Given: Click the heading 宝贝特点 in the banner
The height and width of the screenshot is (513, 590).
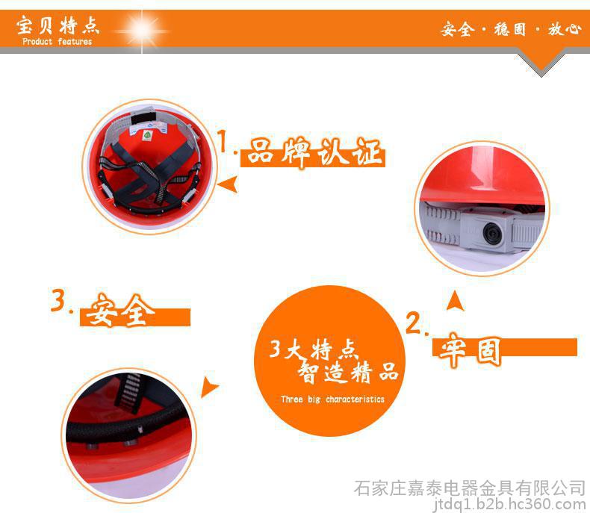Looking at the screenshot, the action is [58, 25].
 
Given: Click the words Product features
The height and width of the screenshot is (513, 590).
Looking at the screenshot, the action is [58, 41].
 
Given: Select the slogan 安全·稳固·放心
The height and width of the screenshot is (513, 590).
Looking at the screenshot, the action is [511, 29].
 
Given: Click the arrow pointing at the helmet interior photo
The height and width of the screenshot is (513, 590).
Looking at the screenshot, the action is [228, 184].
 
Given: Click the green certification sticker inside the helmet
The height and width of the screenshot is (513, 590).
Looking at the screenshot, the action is [147, 134].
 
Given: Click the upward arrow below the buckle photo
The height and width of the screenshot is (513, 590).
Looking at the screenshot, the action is [455, 301].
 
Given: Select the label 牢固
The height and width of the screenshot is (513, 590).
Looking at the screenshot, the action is [469, 349].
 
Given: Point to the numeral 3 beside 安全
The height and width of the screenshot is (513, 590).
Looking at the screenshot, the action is [58, 299].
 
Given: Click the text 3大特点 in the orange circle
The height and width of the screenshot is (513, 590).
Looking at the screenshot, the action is [312, 349].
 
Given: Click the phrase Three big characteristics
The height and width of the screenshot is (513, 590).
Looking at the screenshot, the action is [332, 399].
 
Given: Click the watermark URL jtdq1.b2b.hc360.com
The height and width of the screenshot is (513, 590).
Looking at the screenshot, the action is [509, 504].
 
